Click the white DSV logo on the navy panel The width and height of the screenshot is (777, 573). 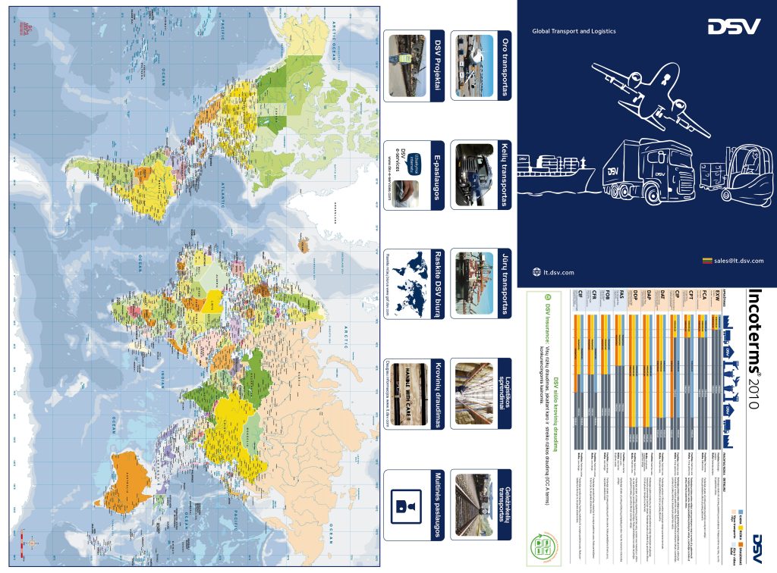coord(734,27)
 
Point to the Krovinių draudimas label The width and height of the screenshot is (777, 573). coord(436,394)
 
